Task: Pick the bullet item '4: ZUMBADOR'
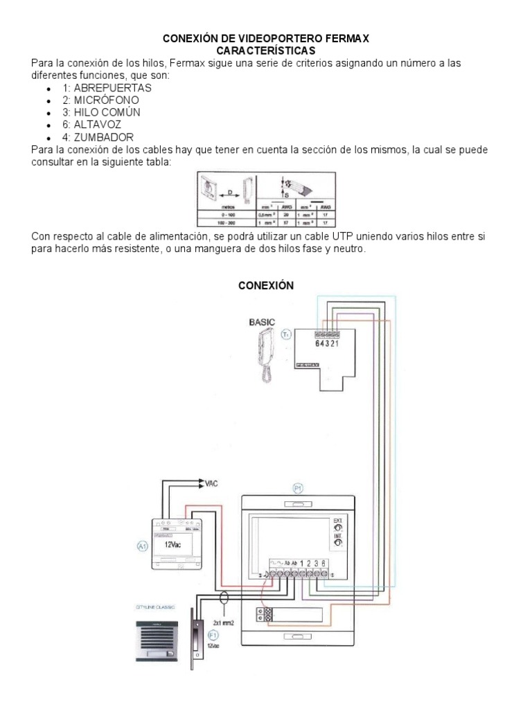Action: tap(98, 138)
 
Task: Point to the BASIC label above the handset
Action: tap(262, 322)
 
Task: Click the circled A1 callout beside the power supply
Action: tap(143, 546)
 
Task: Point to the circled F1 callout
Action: tap(213, 634)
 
